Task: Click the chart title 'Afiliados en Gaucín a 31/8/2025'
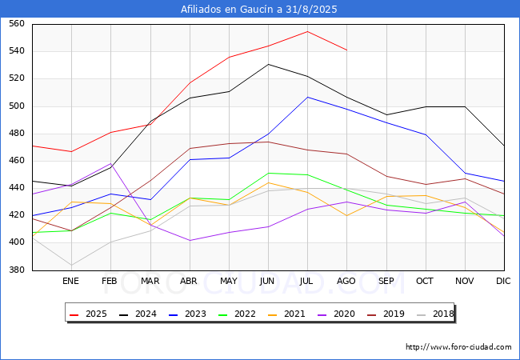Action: [258, 9]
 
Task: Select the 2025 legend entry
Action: [88, 314]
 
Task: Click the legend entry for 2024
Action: [138, 314]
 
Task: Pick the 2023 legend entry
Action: [187, 314]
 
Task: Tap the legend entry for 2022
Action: [237, 314]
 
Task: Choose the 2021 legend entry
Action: [286, 314]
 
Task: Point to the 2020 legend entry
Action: [336, 314]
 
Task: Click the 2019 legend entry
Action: [386, 314]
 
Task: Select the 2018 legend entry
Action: [435, 314]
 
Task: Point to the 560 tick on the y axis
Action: [17, 23]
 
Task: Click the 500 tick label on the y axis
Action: [17, 106]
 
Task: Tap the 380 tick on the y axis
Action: [17, 270]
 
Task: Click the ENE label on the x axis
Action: [70, 281]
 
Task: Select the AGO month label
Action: [346, 281]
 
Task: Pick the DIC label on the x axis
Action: [503, 281]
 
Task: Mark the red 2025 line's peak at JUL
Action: [308, 31]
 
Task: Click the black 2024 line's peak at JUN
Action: [268, 64]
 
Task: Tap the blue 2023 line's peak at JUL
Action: [308, 97]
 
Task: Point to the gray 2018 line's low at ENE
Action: [72, 265]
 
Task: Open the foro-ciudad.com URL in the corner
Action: [458, 347]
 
